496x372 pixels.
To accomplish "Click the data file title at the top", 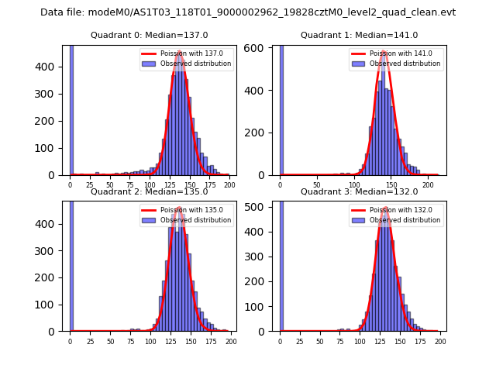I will pos(248,12).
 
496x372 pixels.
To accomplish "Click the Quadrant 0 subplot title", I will pos(150,36).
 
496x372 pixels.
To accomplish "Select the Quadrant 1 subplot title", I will pos(360,36).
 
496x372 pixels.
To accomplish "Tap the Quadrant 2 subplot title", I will pos(150,192).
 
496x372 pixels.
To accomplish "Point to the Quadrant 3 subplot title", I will pos(360,192).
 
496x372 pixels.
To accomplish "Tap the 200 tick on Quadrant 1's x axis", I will pos(429,184).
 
